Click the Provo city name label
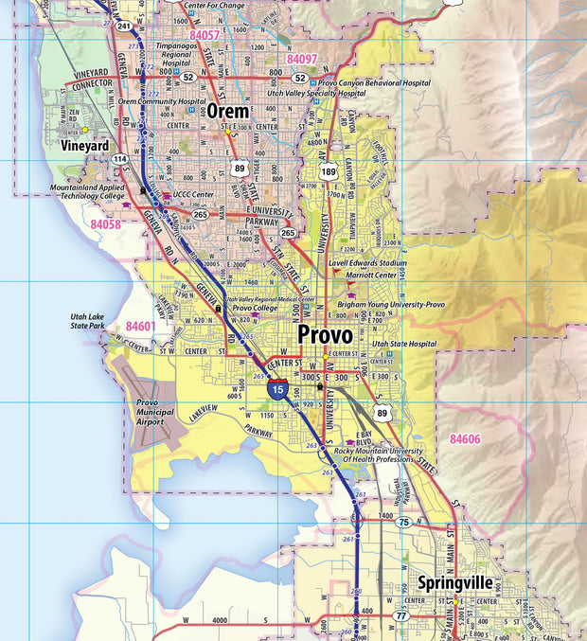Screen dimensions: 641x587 click(325, 335)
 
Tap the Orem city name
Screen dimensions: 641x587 click(228, 111)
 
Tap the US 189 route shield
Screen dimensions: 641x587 click(329, 172)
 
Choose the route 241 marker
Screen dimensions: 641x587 click(124, 26)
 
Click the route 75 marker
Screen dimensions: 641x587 click(405, 523)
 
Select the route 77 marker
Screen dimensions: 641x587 click(401, 616)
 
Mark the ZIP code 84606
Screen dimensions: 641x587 click(465, 439)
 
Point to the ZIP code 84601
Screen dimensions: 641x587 click(139, 326)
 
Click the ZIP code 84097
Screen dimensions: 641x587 click(302, 59)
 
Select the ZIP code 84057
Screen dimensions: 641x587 click(204, 34)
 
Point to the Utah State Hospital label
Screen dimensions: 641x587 click(404, 344)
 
